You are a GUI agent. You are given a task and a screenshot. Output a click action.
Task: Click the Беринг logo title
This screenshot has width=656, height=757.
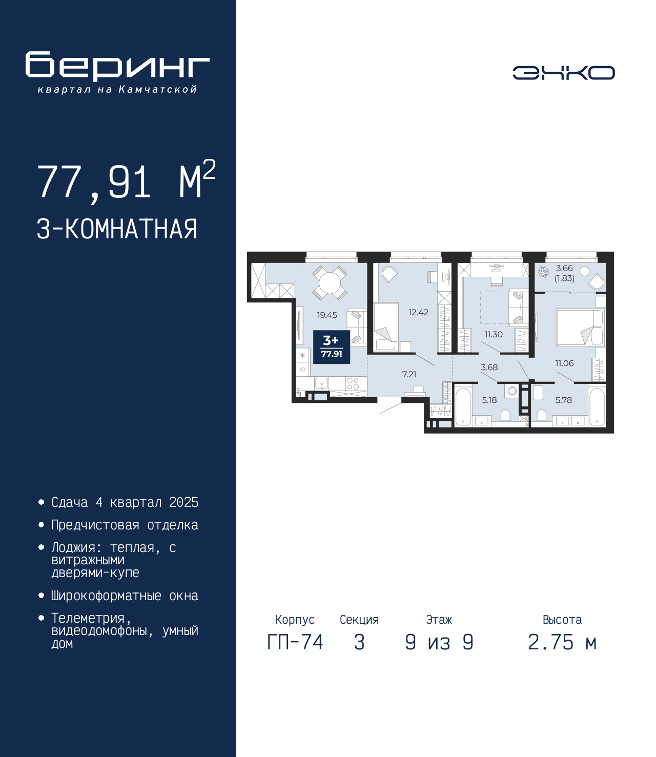coord(117,66)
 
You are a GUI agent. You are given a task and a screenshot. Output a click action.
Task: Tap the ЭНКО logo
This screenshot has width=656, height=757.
coord(563,73)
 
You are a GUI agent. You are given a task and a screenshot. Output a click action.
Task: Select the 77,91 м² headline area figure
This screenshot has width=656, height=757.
coord(127,180)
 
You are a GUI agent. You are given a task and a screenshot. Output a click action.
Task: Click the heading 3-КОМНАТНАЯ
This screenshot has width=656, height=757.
coord(117,229)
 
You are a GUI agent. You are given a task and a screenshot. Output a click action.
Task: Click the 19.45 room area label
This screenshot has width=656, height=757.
coord(326,315)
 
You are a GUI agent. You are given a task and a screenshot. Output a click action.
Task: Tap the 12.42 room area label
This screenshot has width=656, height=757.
coord(418,313)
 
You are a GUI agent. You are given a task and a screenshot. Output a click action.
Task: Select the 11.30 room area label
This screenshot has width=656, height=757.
coord(494,334)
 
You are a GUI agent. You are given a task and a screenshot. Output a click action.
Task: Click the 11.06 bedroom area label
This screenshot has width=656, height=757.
coord(564,363)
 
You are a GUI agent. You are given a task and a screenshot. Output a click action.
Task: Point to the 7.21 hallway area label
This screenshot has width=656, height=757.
coord(409,374)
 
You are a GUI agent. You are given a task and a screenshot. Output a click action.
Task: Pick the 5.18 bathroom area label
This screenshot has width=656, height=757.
coord(489,400)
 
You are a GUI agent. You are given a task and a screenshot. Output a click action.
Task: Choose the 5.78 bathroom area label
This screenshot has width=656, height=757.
coord(563,400)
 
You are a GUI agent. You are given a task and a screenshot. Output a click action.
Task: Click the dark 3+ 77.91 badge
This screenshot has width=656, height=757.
coord(332,347)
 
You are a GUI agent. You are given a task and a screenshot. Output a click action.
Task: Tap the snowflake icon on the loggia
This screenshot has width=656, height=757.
coord(543,272)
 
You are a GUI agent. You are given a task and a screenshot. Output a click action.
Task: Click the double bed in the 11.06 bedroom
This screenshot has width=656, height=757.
coord(580,327)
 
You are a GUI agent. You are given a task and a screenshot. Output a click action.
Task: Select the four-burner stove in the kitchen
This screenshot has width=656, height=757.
coord(353,384)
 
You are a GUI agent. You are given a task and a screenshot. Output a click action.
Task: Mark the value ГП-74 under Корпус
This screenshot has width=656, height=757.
coord(295,642)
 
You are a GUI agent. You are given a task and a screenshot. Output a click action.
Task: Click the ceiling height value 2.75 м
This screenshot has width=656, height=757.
coord(562,642)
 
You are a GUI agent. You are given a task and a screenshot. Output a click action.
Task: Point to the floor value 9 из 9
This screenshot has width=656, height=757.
coord(439,642)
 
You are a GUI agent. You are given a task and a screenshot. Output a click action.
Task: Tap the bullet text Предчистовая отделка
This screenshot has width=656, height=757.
coord(125,524)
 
